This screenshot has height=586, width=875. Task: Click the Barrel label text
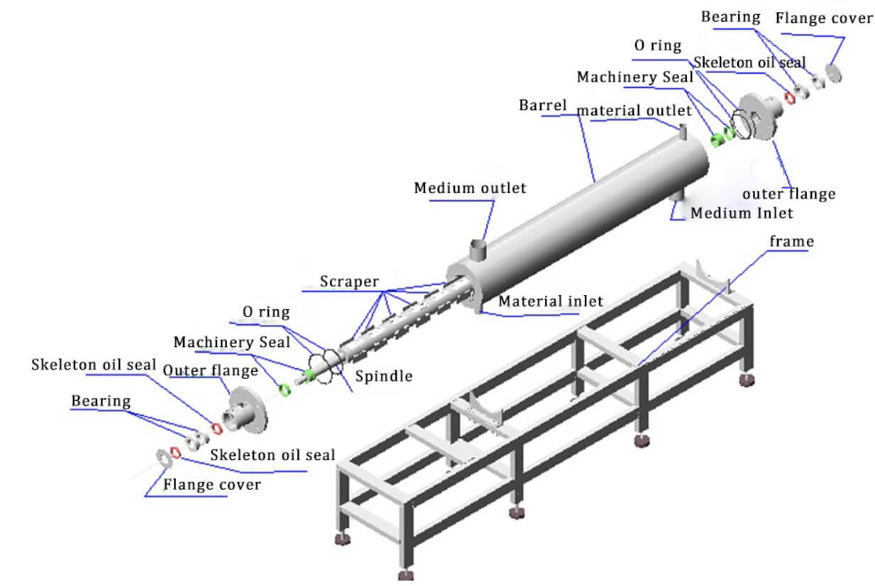[x=543, y=106]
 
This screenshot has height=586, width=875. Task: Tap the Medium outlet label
[x=470, y=188]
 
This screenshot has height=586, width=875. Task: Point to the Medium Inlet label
[x=741, y=213]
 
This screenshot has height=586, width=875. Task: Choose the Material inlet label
[x=551, y=301]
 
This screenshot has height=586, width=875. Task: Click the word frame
[x=791, y=242]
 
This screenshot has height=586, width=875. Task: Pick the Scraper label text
[x=348, y=281]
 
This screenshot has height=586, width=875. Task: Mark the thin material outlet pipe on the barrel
[x=682, y=131]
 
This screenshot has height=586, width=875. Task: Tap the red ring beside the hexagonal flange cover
[x=175, y=453]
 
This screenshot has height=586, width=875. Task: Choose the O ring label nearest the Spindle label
[x=266, y=311]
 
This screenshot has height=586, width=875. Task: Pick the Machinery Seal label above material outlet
[x=634, y=77]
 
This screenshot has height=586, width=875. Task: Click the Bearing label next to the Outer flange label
[x=101, y=401]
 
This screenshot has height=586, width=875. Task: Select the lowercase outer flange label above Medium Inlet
[x=788, y=194]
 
